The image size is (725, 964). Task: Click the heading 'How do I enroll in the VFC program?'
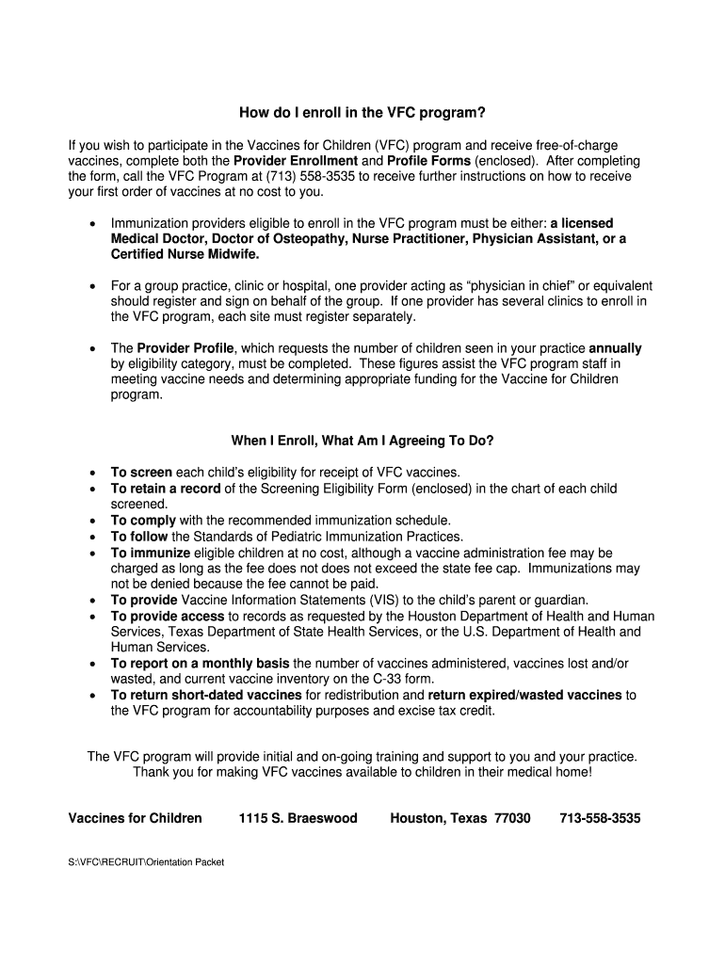point(362,114)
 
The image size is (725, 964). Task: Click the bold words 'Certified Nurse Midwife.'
point(185,254)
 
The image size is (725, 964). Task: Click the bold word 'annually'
point(615,347)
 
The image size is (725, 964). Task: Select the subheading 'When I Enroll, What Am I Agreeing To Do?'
point(362,441)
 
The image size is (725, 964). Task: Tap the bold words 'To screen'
point(141,472)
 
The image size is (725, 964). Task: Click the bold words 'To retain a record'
point(166,489)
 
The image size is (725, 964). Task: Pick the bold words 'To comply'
point(143,520)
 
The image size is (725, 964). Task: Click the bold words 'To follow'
point(140,537)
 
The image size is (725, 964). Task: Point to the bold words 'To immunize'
point(151,553)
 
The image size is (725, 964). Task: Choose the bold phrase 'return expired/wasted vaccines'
point(524,695)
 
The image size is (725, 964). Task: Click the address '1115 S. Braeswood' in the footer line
point(298,818)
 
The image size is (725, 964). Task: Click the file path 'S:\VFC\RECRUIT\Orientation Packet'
point(146,861)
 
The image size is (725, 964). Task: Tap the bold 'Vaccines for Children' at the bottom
point(135,818)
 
